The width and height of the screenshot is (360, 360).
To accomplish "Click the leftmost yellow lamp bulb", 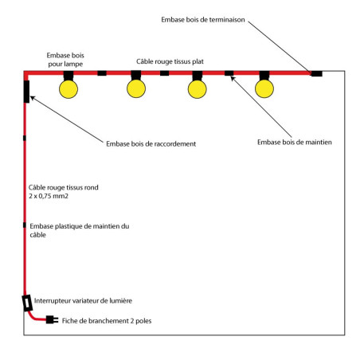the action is coord(68,89).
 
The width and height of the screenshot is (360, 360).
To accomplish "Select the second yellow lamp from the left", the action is coord(136,88).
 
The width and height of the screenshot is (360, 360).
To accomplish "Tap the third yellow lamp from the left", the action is coord(198,89).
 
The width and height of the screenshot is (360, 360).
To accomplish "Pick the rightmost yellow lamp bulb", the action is coord(264,88).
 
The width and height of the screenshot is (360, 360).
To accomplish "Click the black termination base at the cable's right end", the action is coord(317,73).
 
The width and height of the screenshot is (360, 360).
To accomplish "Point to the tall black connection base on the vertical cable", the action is coord(26,92).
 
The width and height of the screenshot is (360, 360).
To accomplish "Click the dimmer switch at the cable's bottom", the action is coord(27,303).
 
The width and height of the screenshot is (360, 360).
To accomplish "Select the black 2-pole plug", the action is coord(52,319).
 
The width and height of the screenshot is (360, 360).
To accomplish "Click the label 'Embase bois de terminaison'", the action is coord(203,20).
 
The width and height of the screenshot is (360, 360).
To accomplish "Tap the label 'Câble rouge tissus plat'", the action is coord(170,61).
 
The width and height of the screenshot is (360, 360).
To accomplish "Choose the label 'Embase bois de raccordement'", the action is coord(151,144).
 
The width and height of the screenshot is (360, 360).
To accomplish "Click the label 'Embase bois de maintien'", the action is coord(295,143).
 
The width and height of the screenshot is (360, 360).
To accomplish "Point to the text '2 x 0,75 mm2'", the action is coord(49,196).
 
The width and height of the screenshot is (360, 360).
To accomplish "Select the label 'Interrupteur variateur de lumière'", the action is coord(83,301).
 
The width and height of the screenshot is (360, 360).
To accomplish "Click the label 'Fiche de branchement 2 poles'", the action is coord(107,321).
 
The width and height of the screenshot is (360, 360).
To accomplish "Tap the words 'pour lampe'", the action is coord(65,65).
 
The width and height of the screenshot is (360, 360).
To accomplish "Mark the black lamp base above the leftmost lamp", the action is coord(68,76).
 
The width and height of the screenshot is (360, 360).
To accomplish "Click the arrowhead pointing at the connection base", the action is coord(33,98).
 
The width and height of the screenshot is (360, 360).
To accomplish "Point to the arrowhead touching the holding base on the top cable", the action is coord(233,78).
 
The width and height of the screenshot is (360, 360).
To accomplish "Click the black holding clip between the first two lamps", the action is coord(102,73).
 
